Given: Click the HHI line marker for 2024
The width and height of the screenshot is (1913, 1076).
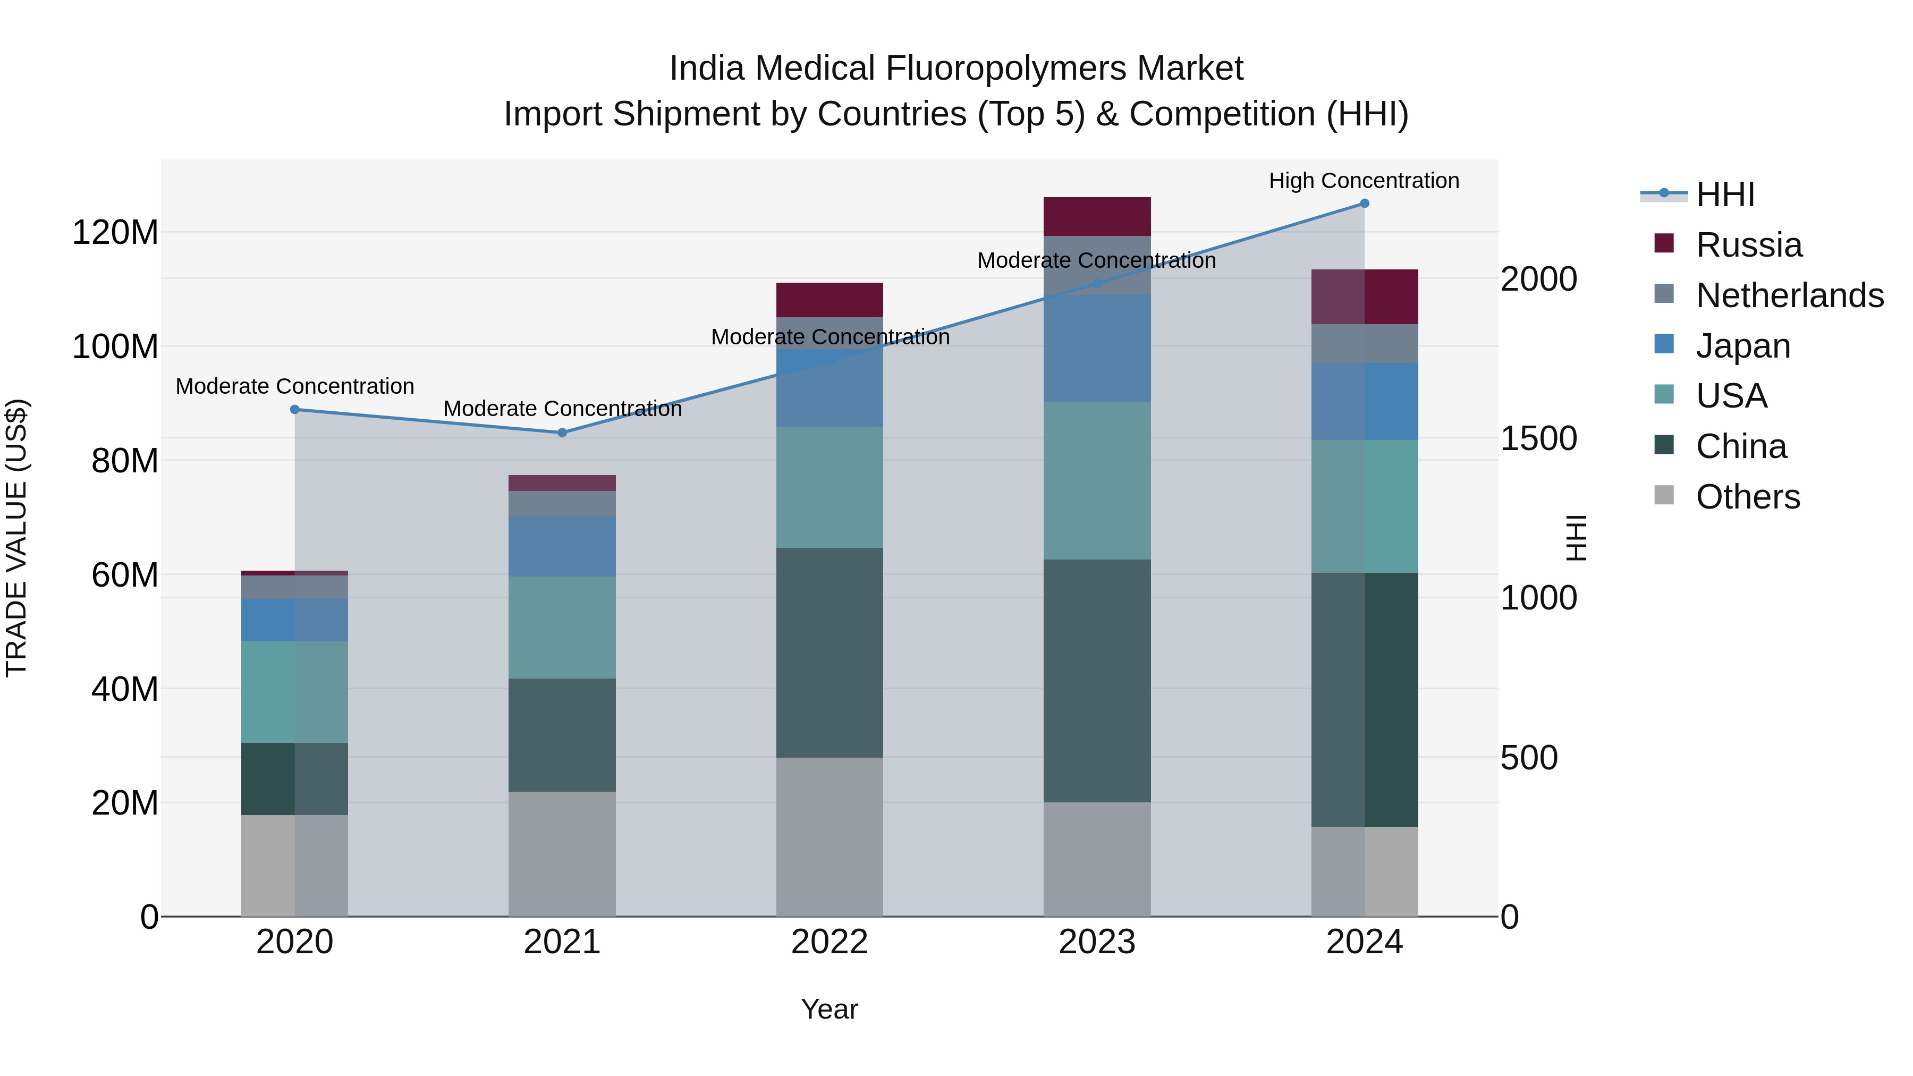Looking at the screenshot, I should click(x=1364, y=203).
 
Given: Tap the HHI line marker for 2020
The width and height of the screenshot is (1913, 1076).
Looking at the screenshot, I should click(x=295, y=409).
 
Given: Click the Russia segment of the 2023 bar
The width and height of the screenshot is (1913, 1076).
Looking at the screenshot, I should click(x=1097, y=216).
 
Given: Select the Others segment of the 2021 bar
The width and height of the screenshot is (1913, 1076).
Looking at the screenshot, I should click(x=562, y=853).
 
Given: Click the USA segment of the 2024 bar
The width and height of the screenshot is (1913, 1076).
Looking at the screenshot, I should click(x=1364, y=506).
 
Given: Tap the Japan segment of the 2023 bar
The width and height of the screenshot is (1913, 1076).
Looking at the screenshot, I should click(x=1097, y=348).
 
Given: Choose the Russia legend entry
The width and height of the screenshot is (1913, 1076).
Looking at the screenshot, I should click(x=1748, y=245).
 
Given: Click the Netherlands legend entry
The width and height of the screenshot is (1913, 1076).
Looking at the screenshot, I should click(x=1789, y=295).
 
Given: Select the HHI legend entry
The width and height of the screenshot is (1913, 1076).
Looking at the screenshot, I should click(x=1724, y=194).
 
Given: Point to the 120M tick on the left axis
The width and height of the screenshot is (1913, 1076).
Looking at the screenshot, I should click(x=115, y=232).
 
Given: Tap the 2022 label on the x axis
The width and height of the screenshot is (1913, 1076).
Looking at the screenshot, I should click(x=829, y=942).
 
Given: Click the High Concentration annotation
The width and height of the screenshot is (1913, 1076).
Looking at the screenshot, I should click(x=1364, y=181).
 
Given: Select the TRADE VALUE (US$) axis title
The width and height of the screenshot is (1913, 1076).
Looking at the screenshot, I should click(x=16, y=538).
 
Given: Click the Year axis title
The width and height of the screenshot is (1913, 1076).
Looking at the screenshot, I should click(x=829, y=1009).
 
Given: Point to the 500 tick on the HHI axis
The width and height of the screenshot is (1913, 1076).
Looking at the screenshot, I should click(x=1528, y=758).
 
